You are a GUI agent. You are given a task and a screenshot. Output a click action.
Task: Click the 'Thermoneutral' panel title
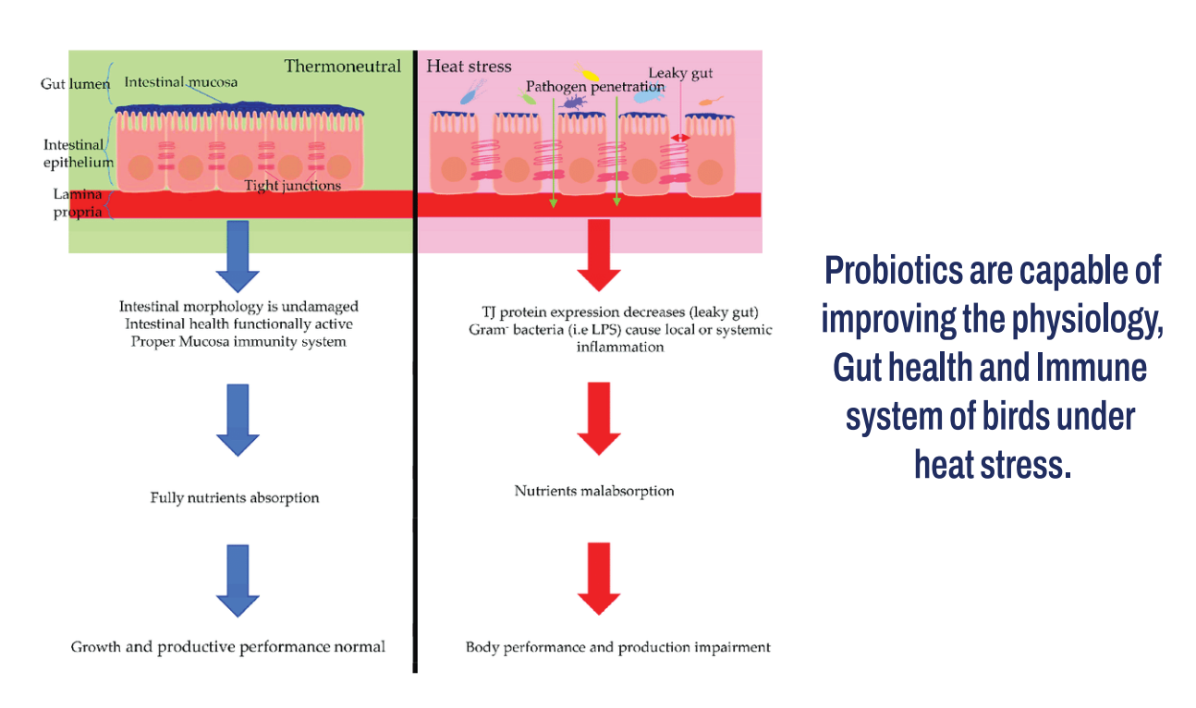[342, 66]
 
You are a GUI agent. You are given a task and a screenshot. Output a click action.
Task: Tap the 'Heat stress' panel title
[469, 67]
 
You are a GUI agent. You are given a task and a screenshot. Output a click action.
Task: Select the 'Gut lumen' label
[75, 84]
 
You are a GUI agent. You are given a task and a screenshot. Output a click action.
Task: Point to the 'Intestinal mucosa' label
[180, 82]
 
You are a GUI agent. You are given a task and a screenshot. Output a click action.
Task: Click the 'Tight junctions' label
[292, 186]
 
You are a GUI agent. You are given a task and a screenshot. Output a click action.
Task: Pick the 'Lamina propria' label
[76, 203]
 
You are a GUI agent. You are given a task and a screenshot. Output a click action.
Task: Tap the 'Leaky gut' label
[680, 73]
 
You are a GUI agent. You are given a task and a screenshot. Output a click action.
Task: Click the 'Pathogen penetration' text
[595, 87]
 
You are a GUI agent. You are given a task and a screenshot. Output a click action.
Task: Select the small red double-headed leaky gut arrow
[680, 138]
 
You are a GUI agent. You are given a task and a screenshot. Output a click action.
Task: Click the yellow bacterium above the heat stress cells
[587, 71]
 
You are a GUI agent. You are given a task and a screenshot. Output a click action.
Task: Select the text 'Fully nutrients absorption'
[235, 497]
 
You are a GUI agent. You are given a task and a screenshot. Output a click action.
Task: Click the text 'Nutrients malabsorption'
[594, 491]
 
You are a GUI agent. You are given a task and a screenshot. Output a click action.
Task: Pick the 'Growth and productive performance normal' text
[228, 647]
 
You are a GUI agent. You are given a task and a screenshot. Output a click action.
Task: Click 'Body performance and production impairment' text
[617, 647]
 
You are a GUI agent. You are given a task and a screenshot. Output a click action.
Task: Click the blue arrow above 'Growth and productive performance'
[238, 580]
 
